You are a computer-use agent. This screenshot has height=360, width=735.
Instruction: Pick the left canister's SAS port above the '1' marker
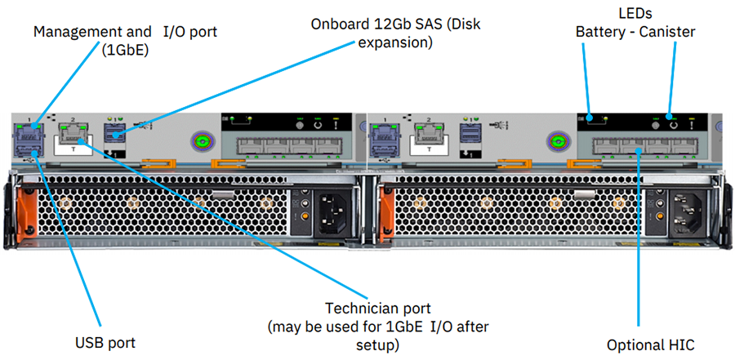tap(113, 134)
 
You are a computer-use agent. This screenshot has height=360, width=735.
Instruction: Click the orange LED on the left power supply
tap(305, 216)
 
